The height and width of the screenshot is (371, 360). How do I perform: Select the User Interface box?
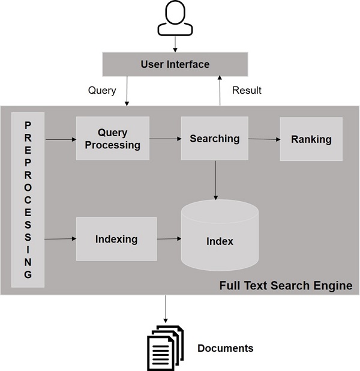pos(175,64)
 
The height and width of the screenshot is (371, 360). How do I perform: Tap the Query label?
pos(102,90)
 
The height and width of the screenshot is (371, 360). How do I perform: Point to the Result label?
pos(247,90)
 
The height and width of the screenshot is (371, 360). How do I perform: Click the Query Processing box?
pos(112,139)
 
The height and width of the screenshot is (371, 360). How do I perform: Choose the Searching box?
pos(214,139)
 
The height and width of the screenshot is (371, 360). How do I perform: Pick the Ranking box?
pos(311,139)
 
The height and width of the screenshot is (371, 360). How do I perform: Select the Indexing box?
pos(116,239)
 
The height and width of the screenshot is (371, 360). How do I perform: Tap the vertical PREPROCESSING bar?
pos(28,199)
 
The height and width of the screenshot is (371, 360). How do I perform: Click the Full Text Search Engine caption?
pos(286,285)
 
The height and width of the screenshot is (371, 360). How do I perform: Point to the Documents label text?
pos(225,348)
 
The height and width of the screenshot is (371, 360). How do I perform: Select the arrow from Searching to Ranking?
pos(264,139)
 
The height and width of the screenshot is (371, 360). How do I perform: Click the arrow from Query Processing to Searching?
pos(165,139)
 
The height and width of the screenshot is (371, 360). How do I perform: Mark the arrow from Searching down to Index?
pos(215,180)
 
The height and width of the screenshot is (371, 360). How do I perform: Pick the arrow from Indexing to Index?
pos(169,239)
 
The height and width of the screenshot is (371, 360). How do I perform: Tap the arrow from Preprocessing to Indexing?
pos(61,239)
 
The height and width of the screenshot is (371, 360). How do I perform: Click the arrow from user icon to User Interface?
pos(175,44)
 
